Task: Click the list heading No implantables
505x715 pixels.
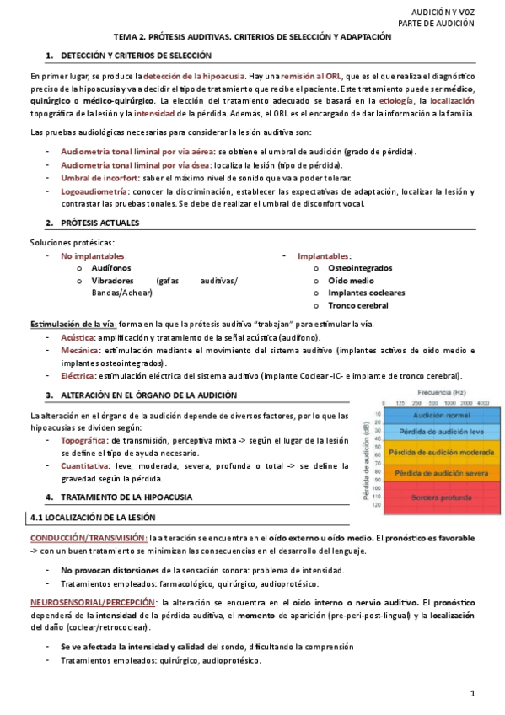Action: pos(94,255)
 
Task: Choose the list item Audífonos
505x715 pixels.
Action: pos(110,267)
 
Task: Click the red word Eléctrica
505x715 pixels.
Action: pos(78,376)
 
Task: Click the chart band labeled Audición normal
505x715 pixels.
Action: pos(435,417)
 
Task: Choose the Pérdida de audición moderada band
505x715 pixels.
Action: pos(435,453)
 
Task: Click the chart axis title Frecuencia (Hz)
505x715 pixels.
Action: pos(434,393)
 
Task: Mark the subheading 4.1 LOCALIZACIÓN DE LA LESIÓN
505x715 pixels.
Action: pos(92,517)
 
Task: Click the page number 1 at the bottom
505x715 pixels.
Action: pos(473,693)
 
